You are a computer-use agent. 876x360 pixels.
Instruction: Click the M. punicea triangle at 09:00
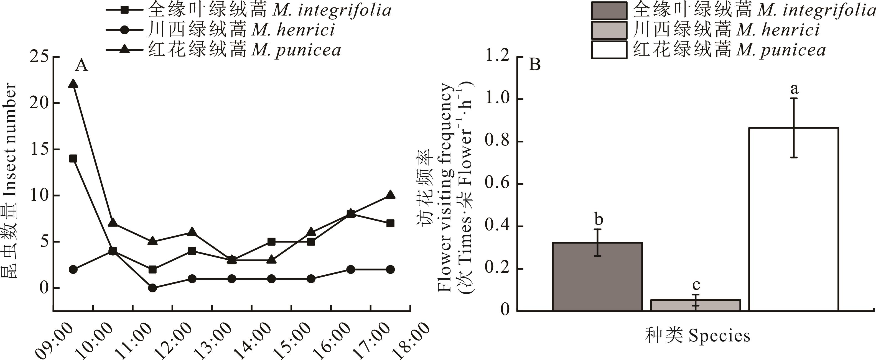73,84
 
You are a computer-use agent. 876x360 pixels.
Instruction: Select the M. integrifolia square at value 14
73,159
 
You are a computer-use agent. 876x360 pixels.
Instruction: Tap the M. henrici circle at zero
152,288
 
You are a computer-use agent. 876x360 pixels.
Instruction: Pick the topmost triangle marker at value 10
390,195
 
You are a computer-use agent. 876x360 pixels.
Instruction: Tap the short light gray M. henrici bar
696,305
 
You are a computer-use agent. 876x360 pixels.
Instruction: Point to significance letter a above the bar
794,89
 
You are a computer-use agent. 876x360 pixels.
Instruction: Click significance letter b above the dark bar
599,219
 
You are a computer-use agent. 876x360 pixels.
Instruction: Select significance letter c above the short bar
696,285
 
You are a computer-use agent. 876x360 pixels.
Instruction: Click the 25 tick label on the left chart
39,57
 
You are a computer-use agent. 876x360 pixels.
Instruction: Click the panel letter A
81,65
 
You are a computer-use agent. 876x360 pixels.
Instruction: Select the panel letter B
534,64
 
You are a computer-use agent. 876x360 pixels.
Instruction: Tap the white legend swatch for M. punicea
609,50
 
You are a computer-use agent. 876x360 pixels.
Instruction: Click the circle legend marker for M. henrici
125,30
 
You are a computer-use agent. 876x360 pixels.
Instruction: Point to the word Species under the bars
719,336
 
